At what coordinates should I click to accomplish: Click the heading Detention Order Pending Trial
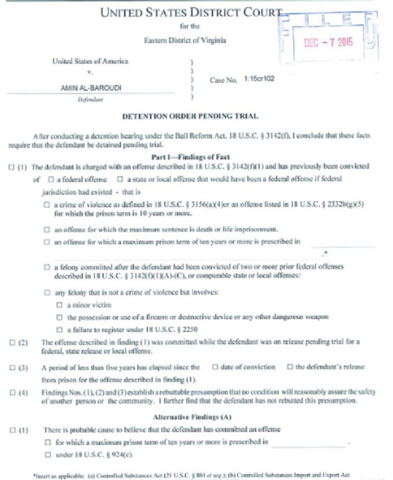[190, 117]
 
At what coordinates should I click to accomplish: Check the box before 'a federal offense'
[51, 179]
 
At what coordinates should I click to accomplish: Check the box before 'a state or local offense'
[120, 179]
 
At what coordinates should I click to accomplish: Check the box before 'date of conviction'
[215, 367]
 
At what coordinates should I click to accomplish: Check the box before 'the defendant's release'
[290, 367]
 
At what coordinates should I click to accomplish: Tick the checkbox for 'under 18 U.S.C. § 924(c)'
[47, 454]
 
